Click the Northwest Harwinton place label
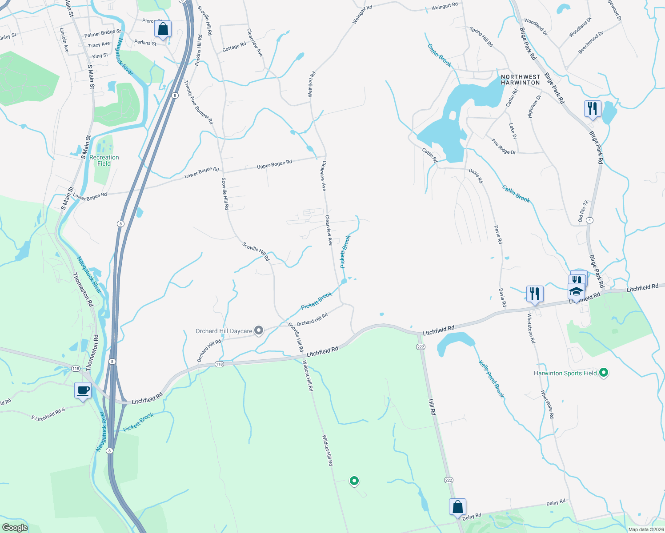tap(520, 80)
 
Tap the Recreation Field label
tap(104, 160)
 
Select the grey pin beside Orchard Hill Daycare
tap(259, 330)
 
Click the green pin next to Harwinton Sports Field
tap(603, 373)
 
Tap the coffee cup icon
tap(83, 390)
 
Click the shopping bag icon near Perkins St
tap(163, 29)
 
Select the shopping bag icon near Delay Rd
tap(457, 507)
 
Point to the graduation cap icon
tap(576, 292)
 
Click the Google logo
tap(15, 527)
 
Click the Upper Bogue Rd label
tap(274, 164)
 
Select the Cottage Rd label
tap(234, 47)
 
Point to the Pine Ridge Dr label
tap(504, 147)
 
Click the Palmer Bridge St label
tap(102, 33)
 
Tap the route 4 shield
tap(589, 220)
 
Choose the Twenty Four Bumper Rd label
tap(199, 102)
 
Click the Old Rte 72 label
tap(583, 211)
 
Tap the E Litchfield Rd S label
tap(48, 414)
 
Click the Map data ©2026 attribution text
tap(645, 529)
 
